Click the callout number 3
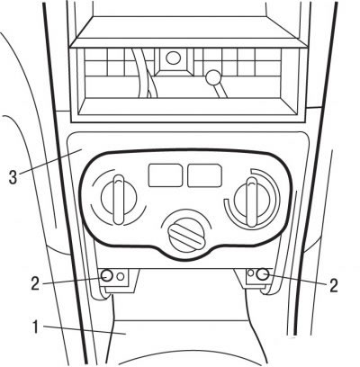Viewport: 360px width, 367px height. tap(13, 177)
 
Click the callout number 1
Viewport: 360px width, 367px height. tap(35, 327)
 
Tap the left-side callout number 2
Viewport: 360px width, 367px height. tap(35, 283)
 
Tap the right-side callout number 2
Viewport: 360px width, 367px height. tap(333, 285)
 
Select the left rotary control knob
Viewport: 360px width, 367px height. tap(119, 200)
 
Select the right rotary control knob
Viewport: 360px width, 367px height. tap(251, 201)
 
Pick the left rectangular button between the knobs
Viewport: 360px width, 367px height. tap(166, 175)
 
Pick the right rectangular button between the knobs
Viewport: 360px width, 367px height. tap(204, 175)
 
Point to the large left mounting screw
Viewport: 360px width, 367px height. tap(107, 275)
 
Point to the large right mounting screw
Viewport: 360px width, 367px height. tap(263, 274)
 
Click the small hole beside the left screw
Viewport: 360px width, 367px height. tap(121, 276)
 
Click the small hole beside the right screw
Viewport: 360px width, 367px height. tap(251, 273)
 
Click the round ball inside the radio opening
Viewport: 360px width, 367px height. tap(212, 77)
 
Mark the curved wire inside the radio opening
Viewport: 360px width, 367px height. tap(144, 73)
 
